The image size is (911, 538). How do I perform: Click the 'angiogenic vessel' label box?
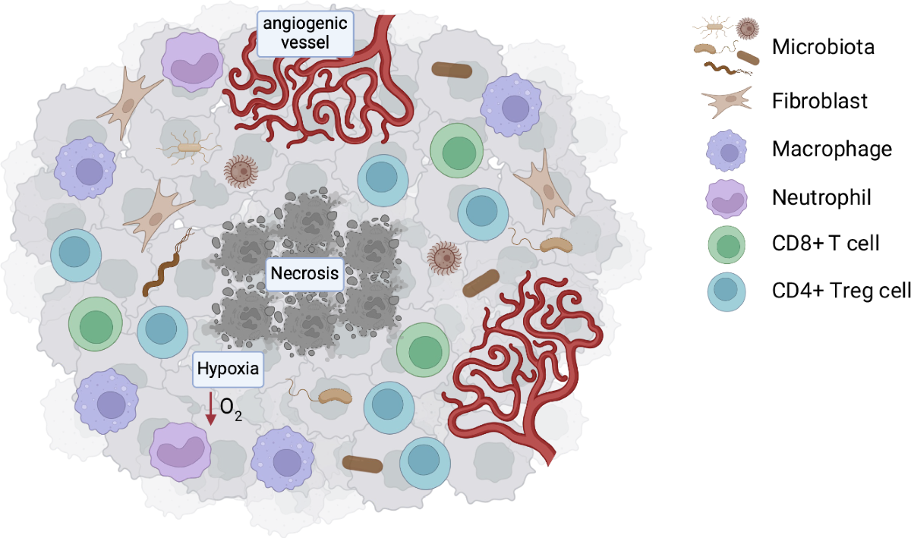[305, 33]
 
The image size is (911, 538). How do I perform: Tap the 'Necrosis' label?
[304, 274]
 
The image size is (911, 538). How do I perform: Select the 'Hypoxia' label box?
[228, 370]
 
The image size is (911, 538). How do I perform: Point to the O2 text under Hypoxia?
[231, 409]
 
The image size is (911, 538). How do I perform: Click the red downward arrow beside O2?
[211, 408]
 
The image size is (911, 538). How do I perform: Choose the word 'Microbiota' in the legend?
[823, 47]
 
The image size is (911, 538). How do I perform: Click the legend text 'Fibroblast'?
[819, 101]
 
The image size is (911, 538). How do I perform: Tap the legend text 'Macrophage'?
[832, 149]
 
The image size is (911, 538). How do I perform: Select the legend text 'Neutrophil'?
[821, 197]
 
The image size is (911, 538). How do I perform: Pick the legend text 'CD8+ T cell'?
[825, 243]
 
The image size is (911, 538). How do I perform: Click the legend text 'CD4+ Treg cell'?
[841, 291]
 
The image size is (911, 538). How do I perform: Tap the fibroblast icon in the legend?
[727, 102]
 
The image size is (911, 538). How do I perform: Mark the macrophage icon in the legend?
[727, 151]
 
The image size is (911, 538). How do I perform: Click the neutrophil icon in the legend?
[727, 199]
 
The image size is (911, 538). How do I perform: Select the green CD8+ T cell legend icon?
[727, 245]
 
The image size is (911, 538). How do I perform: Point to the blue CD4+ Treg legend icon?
[727, 292]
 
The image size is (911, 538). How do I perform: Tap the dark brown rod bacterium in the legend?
[748, 58]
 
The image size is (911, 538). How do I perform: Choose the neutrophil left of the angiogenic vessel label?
[192, 62]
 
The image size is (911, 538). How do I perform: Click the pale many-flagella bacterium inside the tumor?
[190, 148]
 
